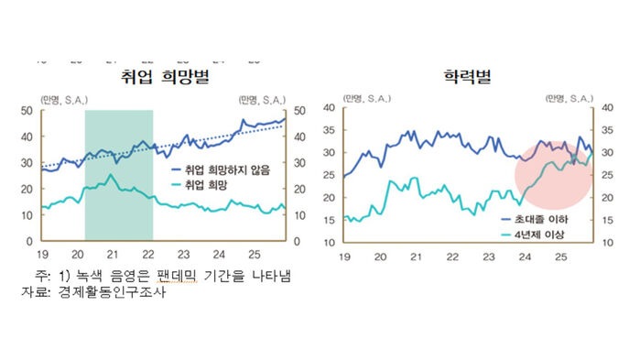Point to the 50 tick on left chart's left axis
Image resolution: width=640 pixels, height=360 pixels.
[x=28, y=111]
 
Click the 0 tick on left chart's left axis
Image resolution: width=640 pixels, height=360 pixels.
[x=31, y=241]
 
